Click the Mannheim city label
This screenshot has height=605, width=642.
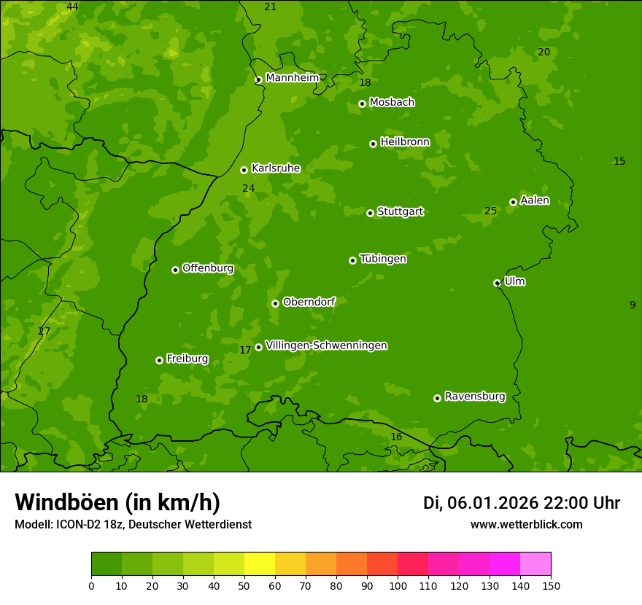[292, 78]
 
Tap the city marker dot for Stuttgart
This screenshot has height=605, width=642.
[370, 213]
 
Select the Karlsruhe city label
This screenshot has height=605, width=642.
[275, 168]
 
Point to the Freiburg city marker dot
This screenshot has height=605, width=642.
[159, 360]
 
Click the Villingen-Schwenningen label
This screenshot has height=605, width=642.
[326, 346]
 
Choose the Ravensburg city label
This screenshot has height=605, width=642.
[474, 397]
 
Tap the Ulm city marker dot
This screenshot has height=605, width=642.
[497, 283]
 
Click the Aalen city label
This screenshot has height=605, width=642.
[534, 200]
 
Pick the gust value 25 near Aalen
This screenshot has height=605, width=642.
[490, 211]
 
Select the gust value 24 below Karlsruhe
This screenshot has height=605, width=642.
[248, 189]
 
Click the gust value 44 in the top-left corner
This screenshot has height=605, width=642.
[72, 7]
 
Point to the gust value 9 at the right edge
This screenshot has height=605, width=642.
[633, 305]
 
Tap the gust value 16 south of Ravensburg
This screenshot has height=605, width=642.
[396, 437]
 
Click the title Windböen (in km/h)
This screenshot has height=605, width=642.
[117, 502]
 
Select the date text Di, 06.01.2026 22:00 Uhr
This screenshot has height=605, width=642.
[522, 503]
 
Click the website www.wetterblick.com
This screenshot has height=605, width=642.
[526, 525]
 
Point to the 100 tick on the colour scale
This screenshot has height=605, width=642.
[398, 585]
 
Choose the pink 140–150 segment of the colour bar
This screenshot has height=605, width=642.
[535, 564]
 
